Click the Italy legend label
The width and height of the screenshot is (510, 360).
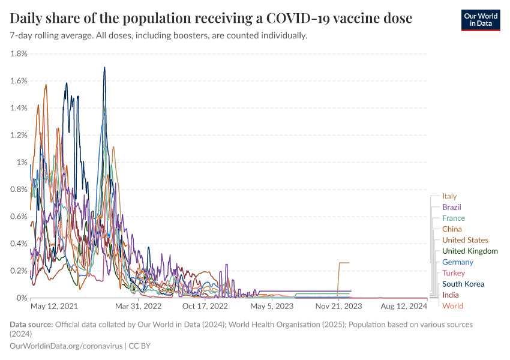point(449,196)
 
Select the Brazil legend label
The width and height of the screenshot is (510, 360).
point(452,207)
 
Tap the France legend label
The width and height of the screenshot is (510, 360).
point(454,218)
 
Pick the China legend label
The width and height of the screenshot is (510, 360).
point(452,229)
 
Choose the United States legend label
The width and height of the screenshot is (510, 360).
point(465,240)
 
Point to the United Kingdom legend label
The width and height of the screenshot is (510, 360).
point(470,251)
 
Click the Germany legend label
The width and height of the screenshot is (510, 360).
point(458,262)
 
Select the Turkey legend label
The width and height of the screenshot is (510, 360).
point(454,273)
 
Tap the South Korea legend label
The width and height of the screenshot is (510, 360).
point(463,284)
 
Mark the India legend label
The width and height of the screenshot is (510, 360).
point(451,295)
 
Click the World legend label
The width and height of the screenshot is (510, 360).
point(452,306)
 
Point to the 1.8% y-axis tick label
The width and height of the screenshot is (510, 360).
point(19,54)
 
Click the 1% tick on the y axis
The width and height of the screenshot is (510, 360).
point(22,163)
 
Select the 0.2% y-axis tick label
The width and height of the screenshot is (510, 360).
point(19,271)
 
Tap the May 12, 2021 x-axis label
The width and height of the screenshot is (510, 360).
point(55,307)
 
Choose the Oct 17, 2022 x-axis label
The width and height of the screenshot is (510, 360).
point(205,307)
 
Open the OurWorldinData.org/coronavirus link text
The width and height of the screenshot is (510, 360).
point(66,346)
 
